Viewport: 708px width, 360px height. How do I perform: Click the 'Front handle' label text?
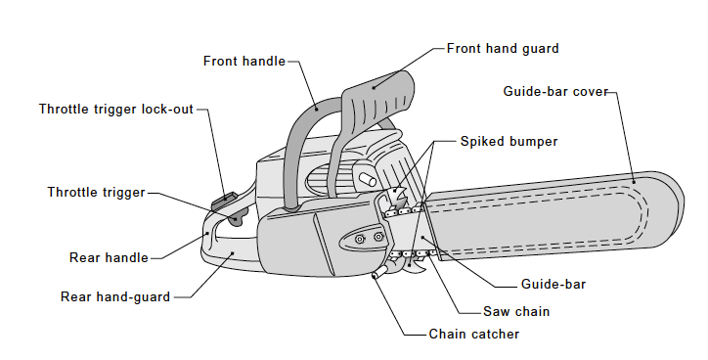pos(243,61)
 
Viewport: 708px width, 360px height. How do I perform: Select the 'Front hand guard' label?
pos(503,47)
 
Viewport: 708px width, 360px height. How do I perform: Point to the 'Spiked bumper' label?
pos(509,141)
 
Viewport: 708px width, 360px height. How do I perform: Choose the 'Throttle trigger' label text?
pos(96,192)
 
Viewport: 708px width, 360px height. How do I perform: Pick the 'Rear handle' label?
pos(109,258)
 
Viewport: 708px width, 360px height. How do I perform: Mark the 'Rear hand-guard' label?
pos(115,296)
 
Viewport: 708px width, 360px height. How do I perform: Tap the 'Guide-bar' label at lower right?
pos(553,286)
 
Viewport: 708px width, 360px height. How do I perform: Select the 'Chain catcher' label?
pos(474,334)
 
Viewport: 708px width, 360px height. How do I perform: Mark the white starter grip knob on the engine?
pos(368,180)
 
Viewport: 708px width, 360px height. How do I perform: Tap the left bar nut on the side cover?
pos(361,238)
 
